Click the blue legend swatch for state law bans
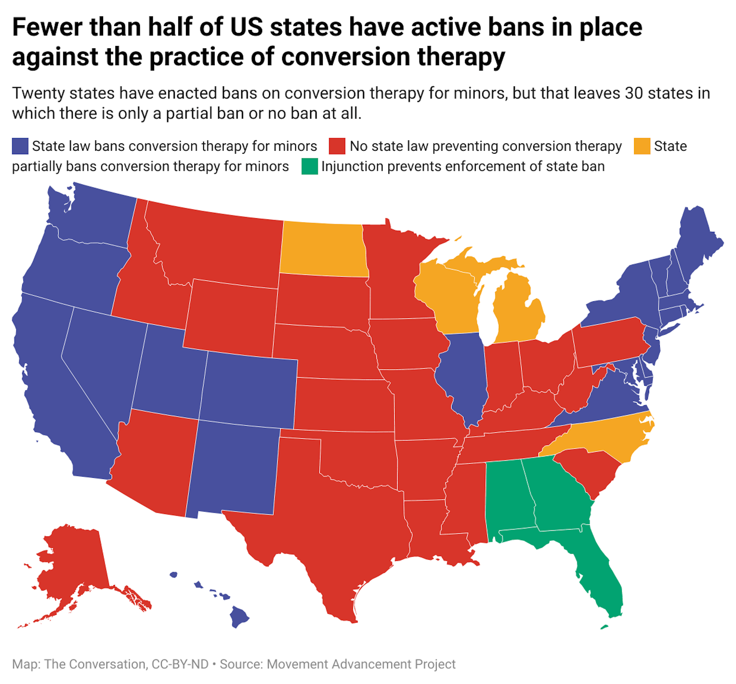point(20,146)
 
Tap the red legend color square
point(337,146)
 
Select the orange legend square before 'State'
point(642,146)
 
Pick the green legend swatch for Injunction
point(309,166)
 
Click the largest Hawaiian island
point(238,617)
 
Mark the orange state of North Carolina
point(606,437)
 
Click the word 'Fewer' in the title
point(47,28)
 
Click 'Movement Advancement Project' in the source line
point(361,664)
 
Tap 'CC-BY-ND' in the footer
point(180,664)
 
